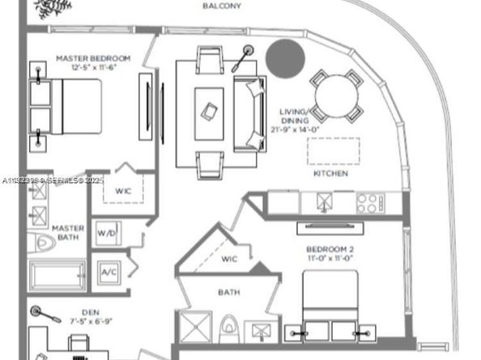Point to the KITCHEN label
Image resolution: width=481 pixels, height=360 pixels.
tap(330, 173)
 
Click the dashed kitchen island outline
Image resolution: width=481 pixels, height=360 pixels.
tap(333, 151)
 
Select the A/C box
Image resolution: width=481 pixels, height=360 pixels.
tap(109, 273)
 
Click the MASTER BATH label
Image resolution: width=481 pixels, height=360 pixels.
tap(68, 233)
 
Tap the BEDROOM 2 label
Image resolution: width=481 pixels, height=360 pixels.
tap(330, 248)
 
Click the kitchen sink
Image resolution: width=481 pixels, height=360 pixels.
tap(329, 201)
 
